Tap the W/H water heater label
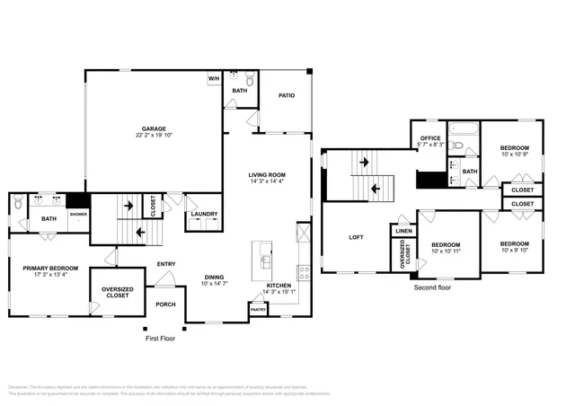tap(214, 79)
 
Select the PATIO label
tap(286, 95)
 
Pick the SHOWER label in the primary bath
tap(79, 214)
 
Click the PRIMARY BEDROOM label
tap(50, 268)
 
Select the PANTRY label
tap(258, 309)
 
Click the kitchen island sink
tap(267, 261)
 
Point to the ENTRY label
tap(166, 263)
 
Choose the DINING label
tap(214, 277)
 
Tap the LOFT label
tap(356, 237)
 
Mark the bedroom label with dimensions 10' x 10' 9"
tap(514, 147)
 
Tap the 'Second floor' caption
tap(432, 287)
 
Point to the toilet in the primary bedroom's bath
tap(20, 206)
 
